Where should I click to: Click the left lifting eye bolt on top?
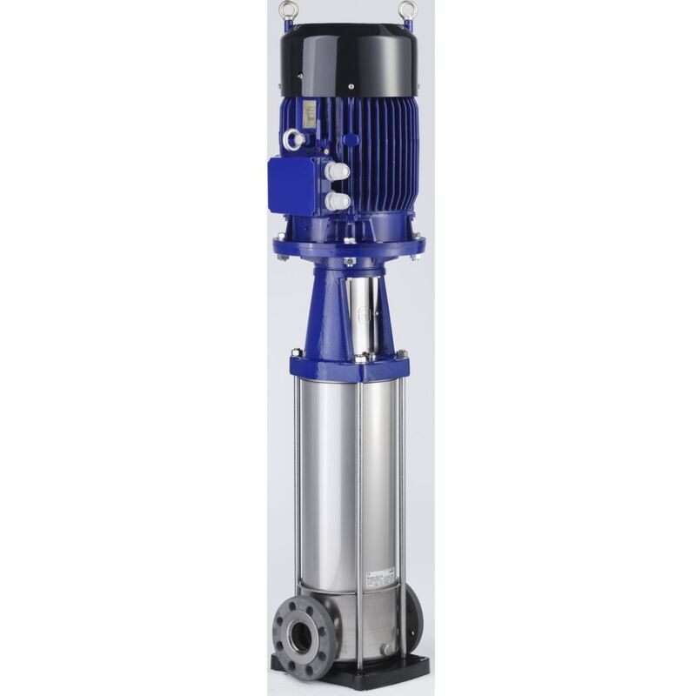287,11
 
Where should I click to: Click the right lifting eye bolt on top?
406,11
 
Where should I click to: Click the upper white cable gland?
338,171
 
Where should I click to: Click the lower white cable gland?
338,201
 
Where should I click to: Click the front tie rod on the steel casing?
358,522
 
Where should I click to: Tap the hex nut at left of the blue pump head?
297,353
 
